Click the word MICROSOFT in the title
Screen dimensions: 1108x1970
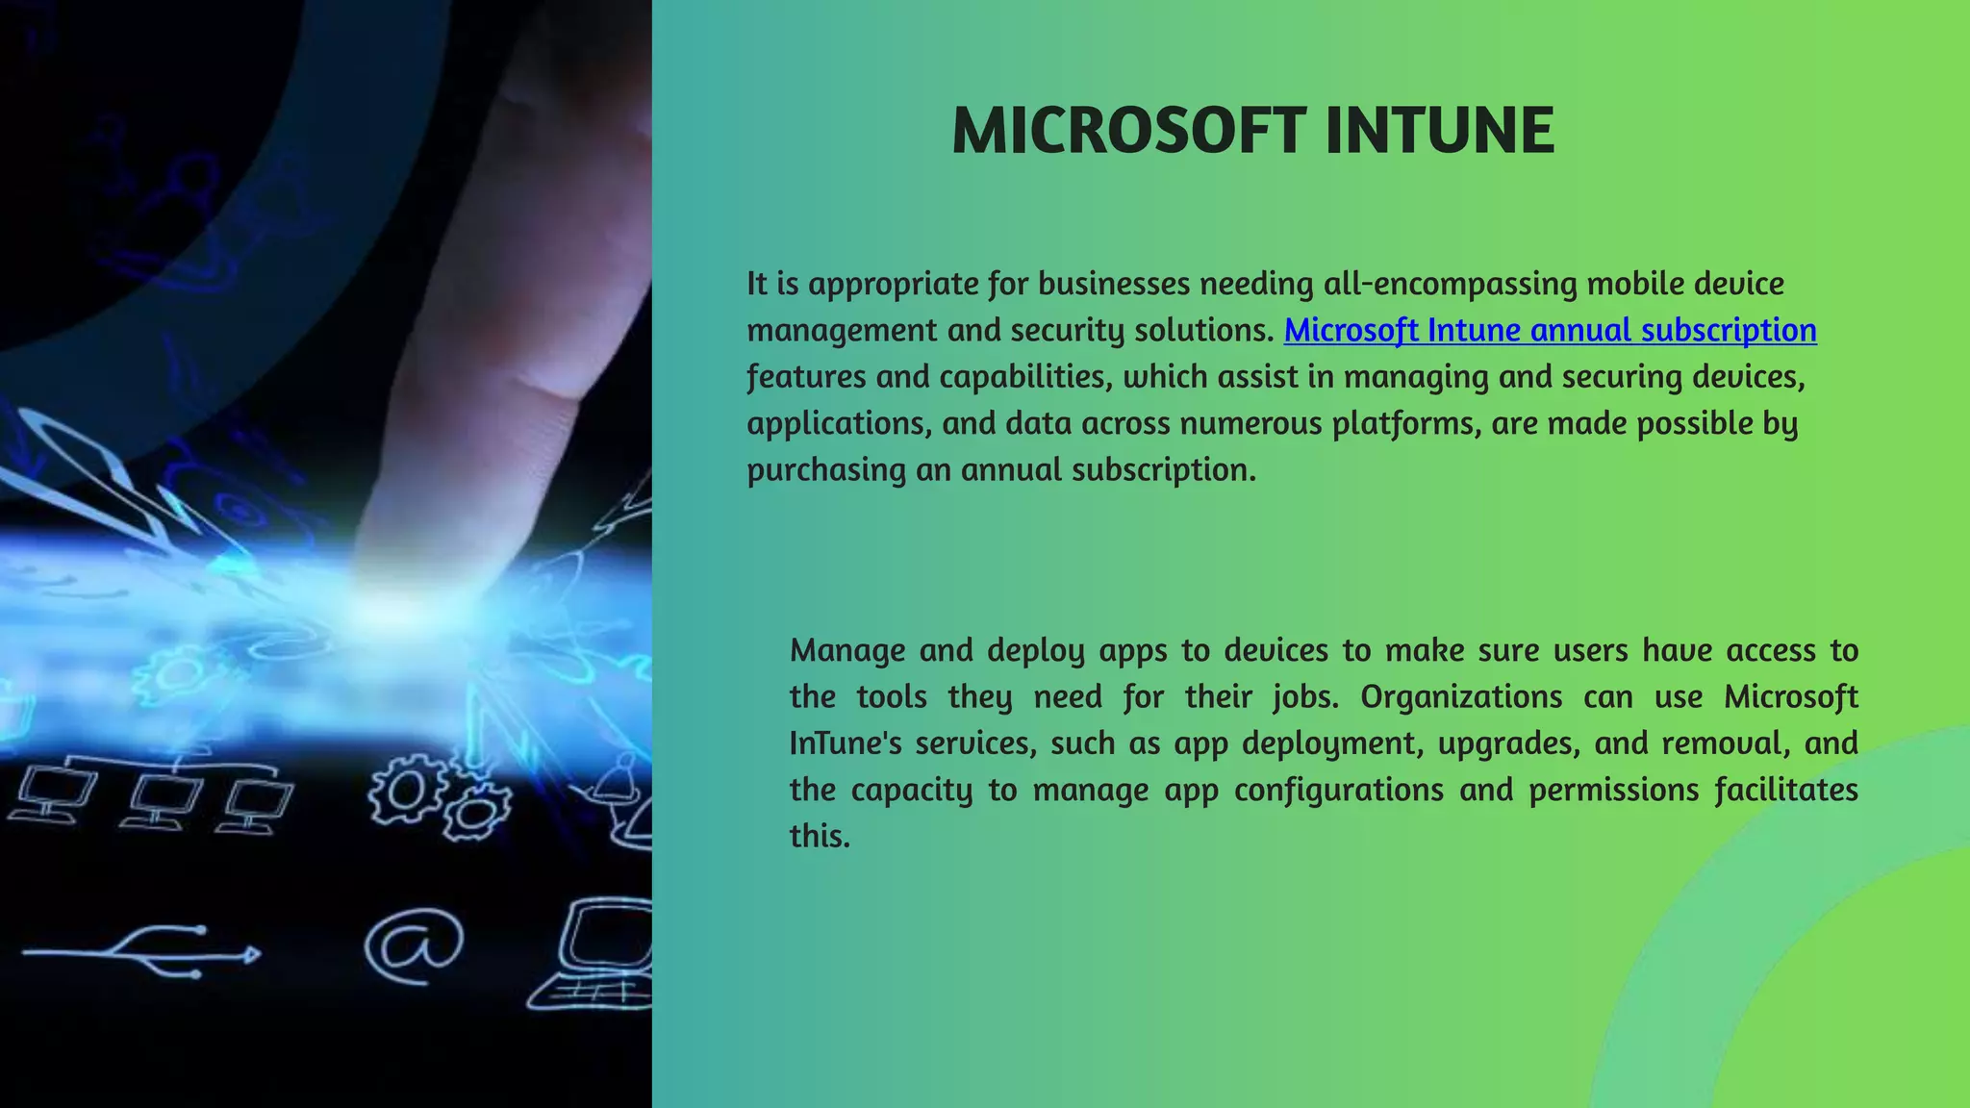[1128, 131]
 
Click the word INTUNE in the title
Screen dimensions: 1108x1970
[1439, 131]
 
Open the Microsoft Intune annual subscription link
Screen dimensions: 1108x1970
[1550, 330]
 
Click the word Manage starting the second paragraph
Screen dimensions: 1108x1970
[846, 650]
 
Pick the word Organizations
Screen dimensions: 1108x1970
[1460, 696]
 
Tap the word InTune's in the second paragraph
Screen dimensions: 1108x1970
[845, 743]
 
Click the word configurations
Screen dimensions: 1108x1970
[1338, 790]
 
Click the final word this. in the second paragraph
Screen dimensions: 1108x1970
[820, 836]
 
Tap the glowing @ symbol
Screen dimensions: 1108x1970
[414, 944]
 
